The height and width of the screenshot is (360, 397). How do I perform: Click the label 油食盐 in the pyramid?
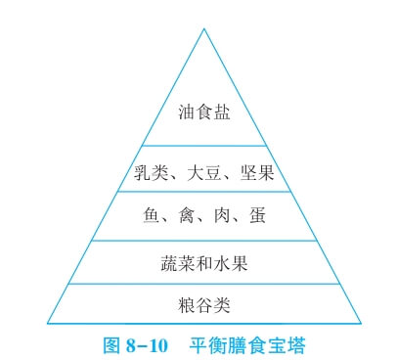pyautogui.click(x=204, y=113)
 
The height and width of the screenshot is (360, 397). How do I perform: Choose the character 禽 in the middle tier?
pyautogui.click(x=183, y=215)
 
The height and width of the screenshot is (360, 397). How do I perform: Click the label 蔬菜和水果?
pyautogui.click(x=203, y=262)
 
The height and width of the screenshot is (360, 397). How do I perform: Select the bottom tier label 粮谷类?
pyautogui.click(x=203, y=305)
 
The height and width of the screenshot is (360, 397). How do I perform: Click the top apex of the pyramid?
pyautogui.click(x=204, y=27)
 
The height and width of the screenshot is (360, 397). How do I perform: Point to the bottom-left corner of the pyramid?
pyautogui.click(x=47, y=324)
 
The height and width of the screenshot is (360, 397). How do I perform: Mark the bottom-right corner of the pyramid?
pyautogui.click(x=361, y=324)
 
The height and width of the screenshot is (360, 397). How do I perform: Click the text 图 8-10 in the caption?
pyautogui.click(x=136, y=344)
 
